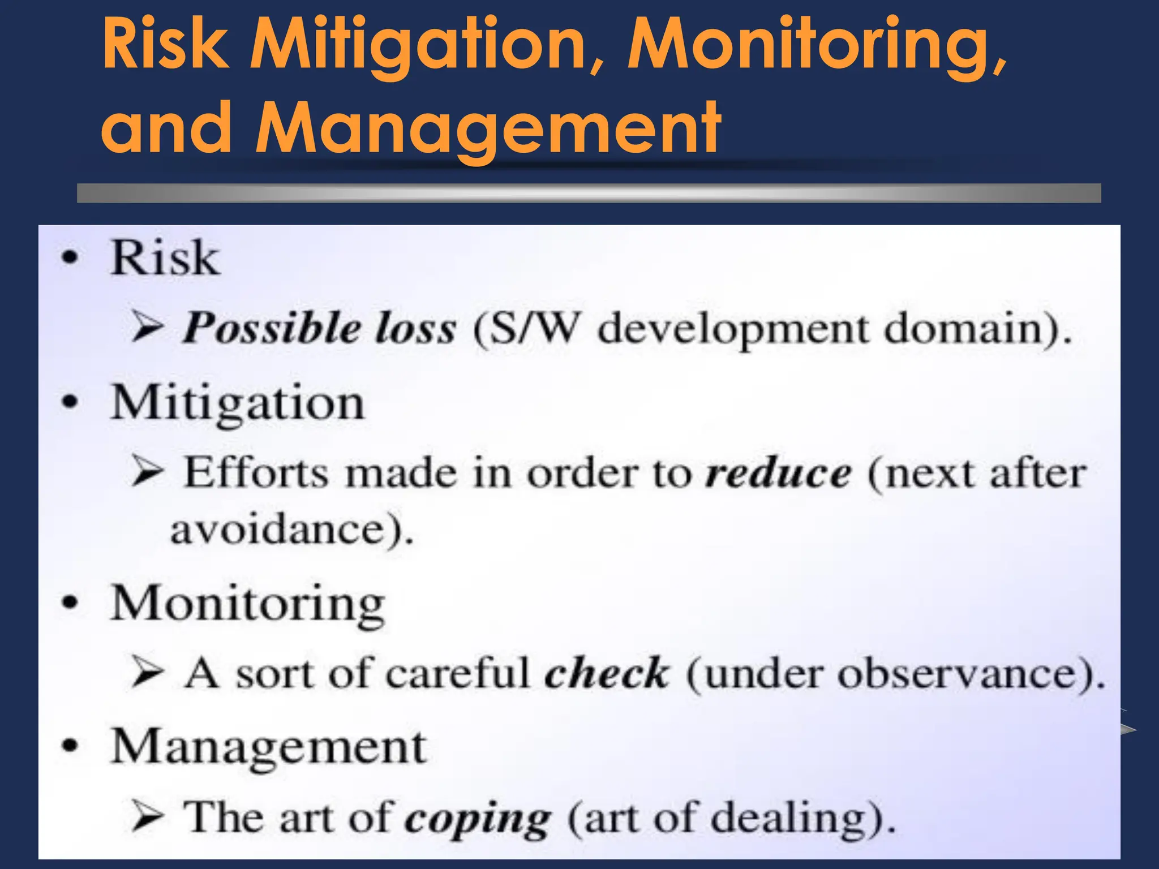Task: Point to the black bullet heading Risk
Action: tap(165, 258)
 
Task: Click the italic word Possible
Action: tap(272, 329)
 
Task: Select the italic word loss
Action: tap(416, 329)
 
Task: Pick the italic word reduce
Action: tap(778, 473)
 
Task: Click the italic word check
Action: tap(606, 673)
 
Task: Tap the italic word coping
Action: tap(478, 819)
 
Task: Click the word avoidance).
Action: tap(292, 530)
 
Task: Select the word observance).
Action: tap(971, 673)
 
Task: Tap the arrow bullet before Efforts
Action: tap(148, 471)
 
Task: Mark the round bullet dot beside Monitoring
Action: tap(70, 603)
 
